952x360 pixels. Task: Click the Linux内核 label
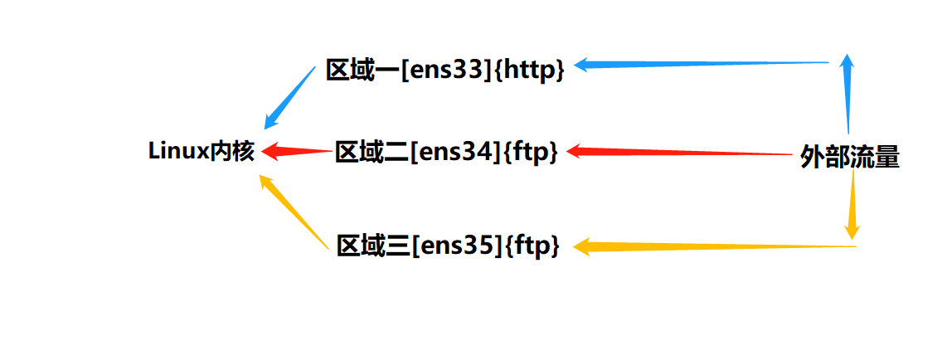coord(202,152)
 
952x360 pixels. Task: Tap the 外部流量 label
coord(850,157)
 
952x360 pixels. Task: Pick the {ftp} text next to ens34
coord(530,152)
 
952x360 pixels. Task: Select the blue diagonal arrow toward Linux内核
coord(290,98)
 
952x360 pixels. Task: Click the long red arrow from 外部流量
coord(680,153)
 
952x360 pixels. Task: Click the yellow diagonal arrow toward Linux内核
coord(294,211)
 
